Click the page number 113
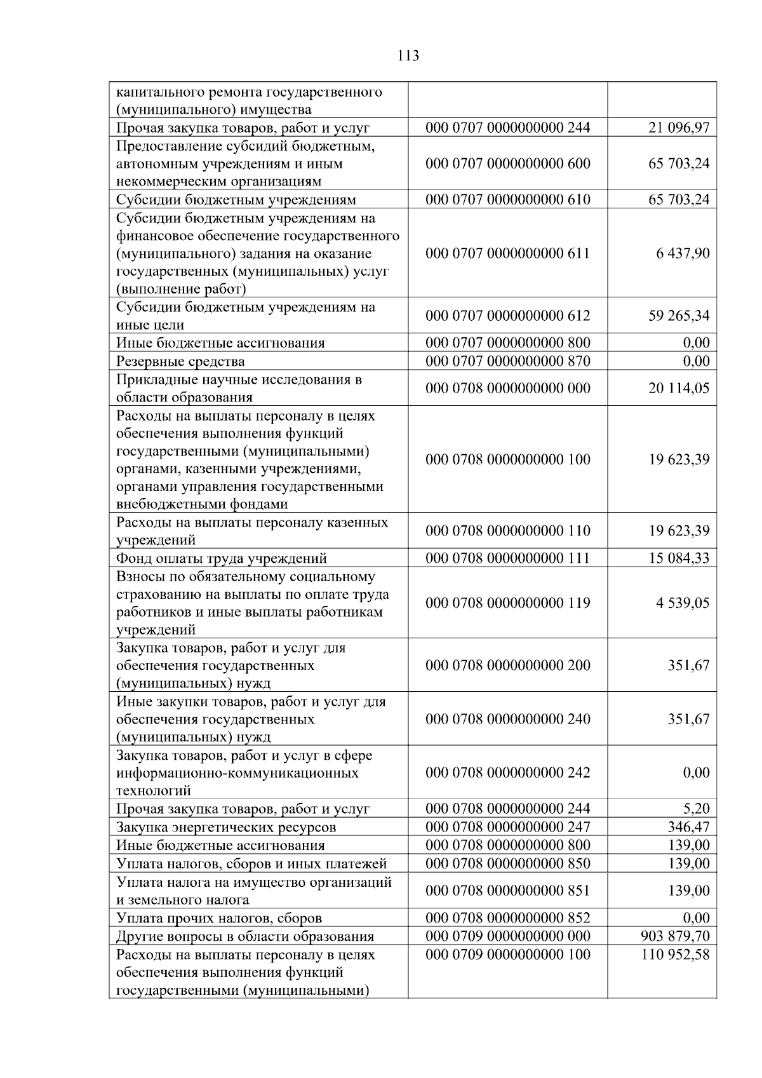(x=408, y=56)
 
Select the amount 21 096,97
(x=679, y=128)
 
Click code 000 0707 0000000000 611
(x=507, y=253)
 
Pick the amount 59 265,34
(x=679, y=316)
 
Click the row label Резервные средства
(x=180, y=361)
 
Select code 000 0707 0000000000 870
(x=507, y=361)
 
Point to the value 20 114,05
(x=679, y=388)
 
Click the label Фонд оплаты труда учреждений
(x=222, y=558)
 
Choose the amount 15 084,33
(x=679, y=558)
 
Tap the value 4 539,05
(x=683, y=603)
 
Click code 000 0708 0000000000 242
(x=507, y=773)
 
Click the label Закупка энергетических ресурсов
(x=226, y=827)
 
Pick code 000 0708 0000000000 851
(x=507, y=891)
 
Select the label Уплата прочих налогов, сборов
(x=219, y=918)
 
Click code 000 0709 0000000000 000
(x=507, y=936)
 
